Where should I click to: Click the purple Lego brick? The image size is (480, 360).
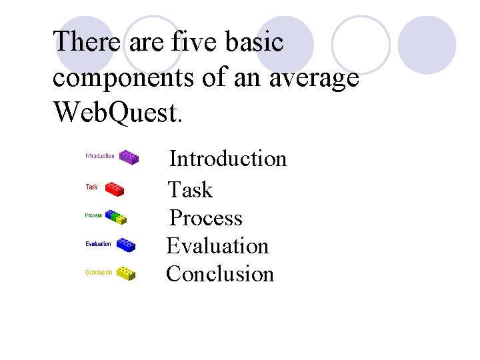[129, 157]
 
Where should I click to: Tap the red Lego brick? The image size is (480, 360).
[115, 188]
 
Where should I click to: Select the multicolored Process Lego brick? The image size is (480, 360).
[116, 217]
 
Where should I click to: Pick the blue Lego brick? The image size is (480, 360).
[126, 244]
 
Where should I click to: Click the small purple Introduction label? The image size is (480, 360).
[100, 156]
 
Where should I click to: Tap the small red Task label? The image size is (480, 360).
[92, 187]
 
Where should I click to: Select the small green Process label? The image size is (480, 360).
[93, 215]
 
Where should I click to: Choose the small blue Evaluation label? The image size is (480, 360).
[98, 244]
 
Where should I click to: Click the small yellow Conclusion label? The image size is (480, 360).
[99, 272]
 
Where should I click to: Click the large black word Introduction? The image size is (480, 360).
[228, 159]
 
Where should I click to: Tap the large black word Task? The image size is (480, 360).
[190, 190]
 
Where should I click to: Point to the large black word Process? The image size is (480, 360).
[206, 218]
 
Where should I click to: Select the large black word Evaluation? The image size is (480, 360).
[217, 246]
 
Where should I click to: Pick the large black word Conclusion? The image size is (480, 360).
[220, 274]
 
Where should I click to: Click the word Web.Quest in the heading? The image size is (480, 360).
[117, 113]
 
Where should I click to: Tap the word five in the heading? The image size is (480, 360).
[190, 42]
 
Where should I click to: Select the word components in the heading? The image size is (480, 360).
[123, 77]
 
